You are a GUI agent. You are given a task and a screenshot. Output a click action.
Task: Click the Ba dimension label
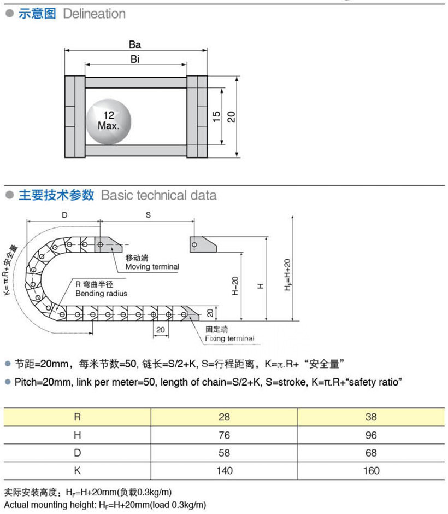click(135, 45)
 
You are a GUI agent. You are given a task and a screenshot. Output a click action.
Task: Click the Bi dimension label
click(135, 60)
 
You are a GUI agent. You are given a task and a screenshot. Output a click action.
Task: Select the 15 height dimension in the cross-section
click(216, 116)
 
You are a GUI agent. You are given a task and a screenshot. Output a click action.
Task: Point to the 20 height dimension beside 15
click(232, 116)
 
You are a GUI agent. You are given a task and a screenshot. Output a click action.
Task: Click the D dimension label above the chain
click(64, 215)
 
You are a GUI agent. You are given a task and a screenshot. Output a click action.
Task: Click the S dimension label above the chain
click(148, 215)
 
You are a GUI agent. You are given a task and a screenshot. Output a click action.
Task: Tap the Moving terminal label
click(152, 266)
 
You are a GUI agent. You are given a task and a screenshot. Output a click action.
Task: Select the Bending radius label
click(101, 294)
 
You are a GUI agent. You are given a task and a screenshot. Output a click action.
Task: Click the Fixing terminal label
click(229, 338)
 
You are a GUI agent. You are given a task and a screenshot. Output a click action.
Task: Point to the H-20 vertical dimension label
click(234, 286)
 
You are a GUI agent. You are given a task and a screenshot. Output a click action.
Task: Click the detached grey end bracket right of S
click(203, 244)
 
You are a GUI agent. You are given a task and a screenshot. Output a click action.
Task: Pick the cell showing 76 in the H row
click(224, 435)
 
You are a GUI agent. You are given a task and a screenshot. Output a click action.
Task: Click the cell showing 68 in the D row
click(371, 453)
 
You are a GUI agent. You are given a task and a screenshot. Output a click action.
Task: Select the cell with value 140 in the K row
click(224, 471)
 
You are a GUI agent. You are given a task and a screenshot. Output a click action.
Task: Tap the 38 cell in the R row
click(371, 417)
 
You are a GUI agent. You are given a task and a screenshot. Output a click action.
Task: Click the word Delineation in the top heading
click(94, 14)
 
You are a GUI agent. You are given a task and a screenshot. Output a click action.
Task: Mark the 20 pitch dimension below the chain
click(161, 330)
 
